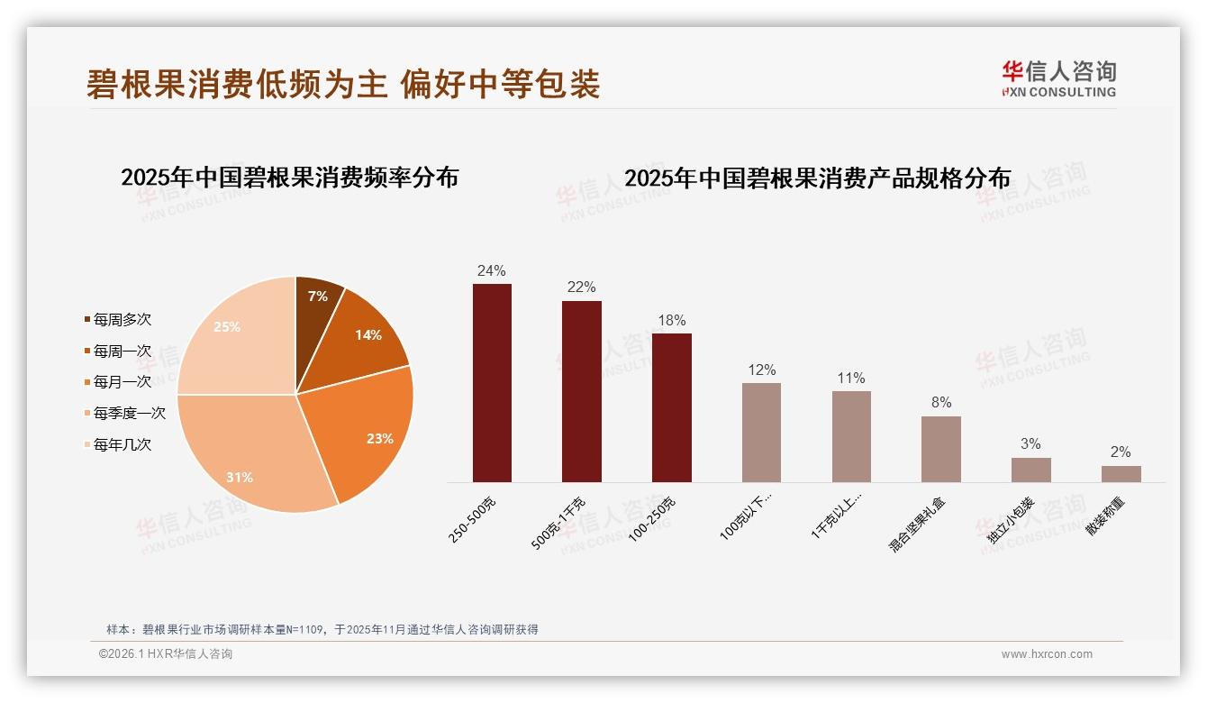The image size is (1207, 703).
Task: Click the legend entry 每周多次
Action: tap(123, 320)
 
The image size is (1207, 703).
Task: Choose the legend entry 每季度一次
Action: tap(130, 413)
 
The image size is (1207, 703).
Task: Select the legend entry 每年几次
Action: tap(123, 444)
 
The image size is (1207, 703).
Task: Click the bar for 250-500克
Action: tap(492, 383)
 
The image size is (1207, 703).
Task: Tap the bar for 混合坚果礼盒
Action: tap(940, 449)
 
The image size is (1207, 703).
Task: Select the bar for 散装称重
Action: tap(1121, 474)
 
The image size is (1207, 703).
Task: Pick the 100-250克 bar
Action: tap(671, 407)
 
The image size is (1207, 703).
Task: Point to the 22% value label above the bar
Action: tap(581, 288)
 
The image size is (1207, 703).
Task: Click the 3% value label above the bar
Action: tap(1030, 444)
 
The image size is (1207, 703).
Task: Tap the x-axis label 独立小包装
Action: tap(1011, 520)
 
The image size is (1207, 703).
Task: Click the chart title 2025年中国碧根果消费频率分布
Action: tap(290, 178)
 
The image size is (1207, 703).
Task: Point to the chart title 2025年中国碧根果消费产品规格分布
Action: tap(817, 178)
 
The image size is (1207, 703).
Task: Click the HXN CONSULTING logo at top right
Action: tap(1058, 79)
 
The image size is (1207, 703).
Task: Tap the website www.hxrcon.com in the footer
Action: tap(1047, 654)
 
